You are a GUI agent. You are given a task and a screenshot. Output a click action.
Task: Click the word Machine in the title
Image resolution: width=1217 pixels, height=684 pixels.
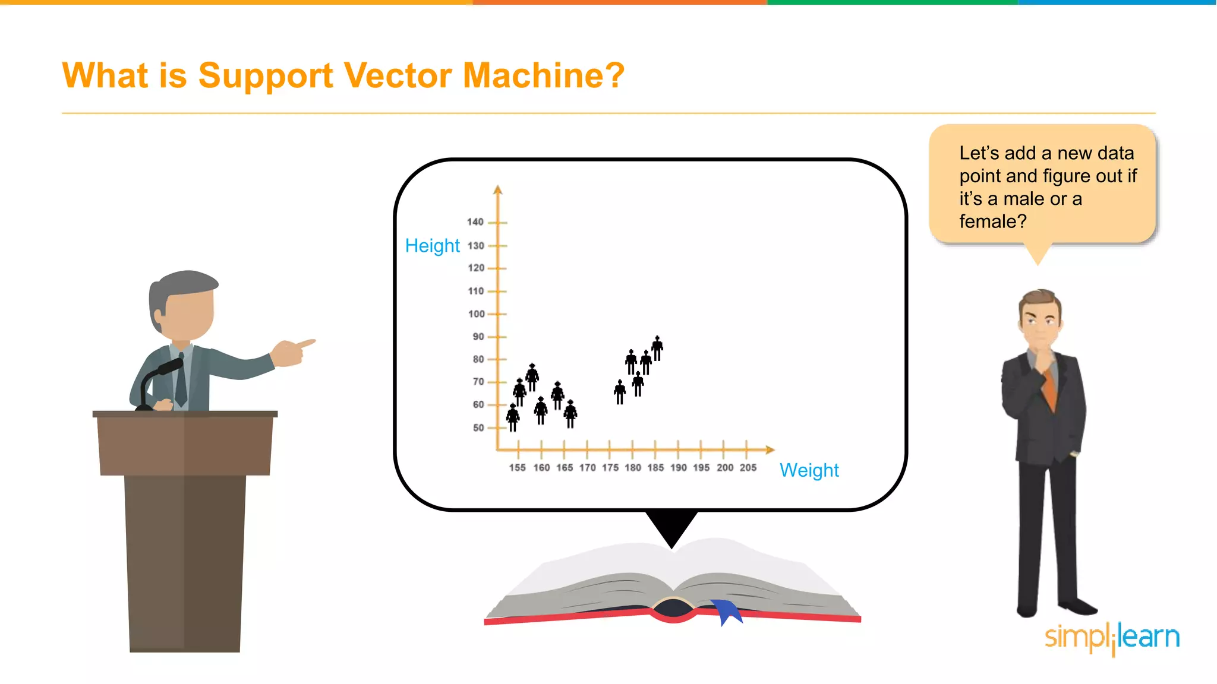click(x=543, y=75)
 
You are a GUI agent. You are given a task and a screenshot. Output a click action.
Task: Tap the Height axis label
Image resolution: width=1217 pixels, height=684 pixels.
click(x=432, y=246)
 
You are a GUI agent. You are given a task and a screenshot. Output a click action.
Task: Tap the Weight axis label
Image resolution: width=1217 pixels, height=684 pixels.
click(x=809, y=470)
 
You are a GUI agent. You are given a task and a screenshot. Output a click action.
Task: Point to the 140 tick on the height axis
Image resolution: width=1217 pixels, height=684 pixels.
click(x=475, y=222)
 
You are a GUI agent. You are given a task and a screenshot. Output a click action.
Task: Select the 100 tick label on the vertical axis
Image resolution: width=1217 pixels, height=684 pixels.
click(x=476, y=314)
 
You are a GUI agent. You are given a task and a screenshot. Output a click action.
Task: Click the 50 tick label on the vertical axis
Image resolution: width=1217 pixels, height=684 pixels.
click(x=478, y=427)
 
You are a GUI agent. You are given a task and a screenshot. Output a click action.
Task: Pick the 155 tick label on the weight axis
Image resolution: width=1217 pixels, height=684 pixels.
click(x=517, y=468)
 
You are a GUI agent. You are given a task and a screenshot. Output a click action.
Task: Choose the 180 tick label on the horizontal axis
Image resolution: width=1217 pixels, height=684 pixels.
click(x=632, y=468)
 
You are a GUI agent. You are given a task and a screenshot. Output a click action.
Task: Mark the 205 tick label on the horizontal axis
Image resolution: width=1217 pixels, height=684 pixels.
click(x=748, y=468)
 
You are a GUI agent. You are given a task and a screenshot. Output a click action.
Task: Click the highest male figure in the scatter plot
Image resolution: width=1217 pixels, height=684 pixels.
click(x=657, y=348)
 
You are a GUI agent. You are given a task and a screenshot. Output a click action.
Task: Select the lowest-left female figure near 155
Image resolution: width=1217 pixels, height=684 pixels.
click(x=513, y=417)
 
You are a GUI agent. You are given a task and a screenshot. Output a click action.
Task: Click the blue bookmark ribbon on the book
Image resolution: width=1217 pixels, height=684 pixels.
click(x=727, y=611)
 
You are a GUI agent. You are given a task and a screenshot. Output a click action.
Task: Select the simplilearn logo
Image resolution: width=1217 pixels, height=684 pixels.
click(x=1112, y=638)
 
